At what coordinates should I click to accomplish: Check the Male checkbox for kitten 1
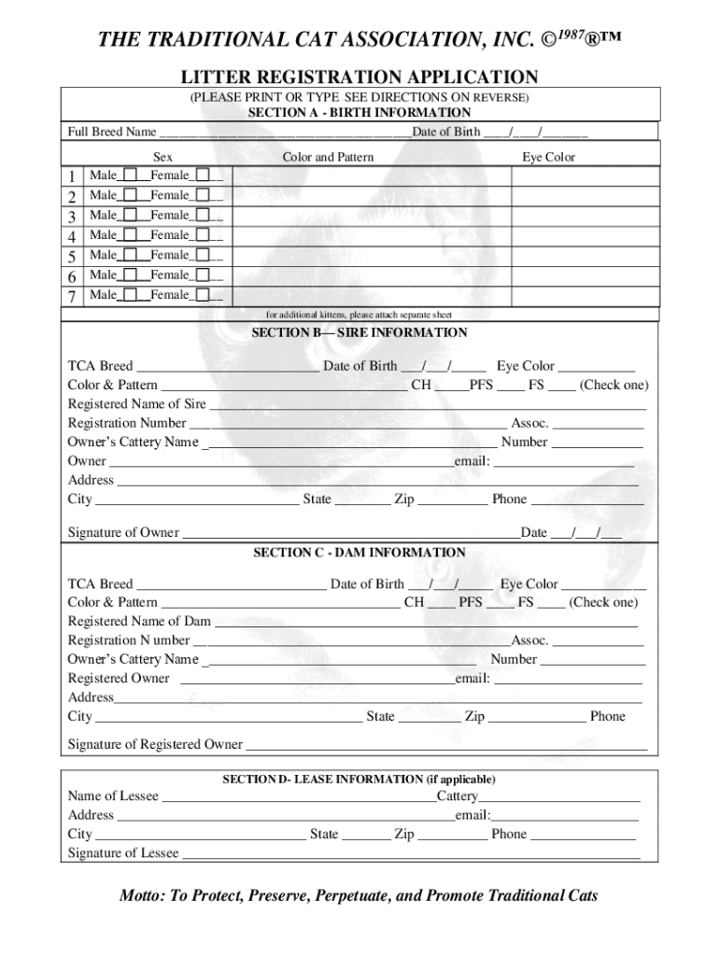[x=130, y=176]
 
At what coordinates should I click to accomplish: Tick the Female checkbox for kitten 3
[x=202, y=216]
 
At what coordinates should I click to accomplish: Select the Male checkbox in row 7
[x=130, y=295]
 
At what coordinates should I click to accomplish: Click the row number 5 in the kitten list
[x=72, y=256]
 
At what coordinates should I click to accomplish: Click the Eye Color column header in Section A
[x=548, y=157]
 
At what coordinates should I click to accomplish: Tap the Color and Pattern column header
[x=328, y=157]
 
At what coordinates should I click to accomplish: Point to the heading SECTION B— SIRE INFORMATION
[x=359, y=332]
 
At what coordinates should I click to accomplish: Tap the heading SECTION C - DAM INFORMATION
[x=359, y=553]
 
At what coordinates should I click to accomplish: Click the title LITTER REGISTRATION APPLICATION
[x=359, y=77]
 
